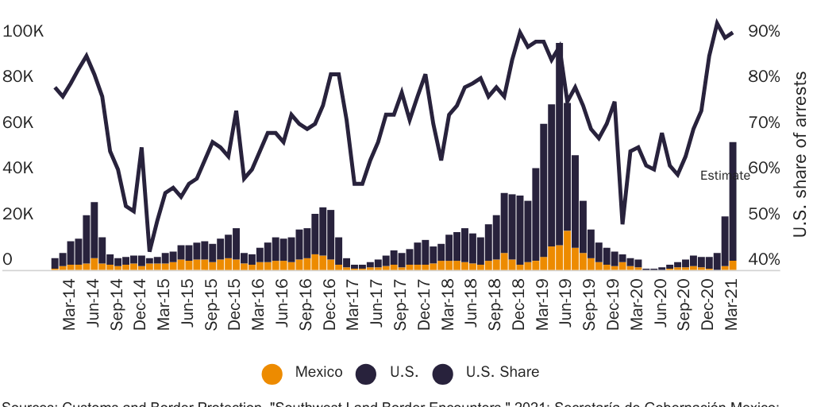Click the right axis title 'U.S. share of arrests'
[x=800, y=154]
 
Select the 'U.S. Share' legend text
[x=502, y=372]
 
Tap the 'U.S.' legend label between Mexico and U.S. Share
[x=399, y=372]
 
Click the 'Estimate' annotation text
[x=724, y=176]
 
